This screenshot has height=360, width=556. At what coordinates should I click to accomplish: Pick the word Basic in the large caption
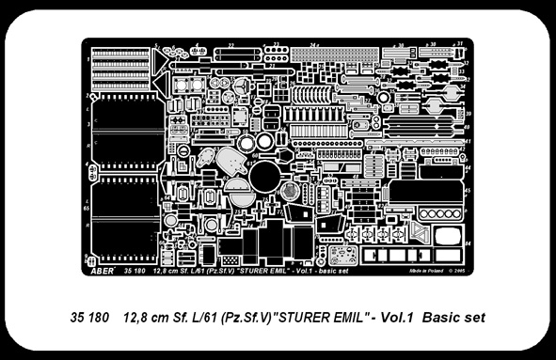(x=442, y=318)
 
